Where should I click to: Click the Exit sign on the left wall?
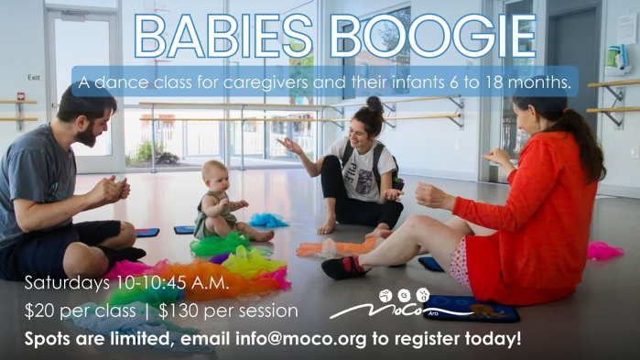(34, 78)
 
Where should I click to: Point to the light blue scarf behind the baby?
(267, 220)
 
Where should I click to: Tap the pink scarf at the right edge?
(604, 250)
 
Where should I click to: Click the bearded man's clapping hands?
(114, 190)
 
